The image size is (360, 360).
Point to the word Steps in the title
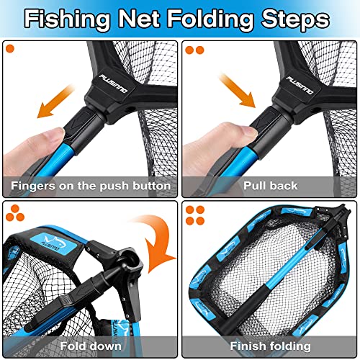(296, 19)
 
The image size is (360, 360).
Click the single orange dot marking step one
(11, 50)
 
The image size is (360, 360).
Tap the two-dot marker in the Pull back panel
(194, 50)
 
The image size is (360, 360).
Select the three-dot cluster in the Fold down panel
(14, 212)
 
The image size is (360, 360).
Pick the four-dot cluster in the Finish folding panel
(195, 213)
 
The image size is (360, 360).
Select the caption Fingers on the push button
(90, 186)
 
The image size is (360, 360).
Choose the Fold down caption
(91, 346)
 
